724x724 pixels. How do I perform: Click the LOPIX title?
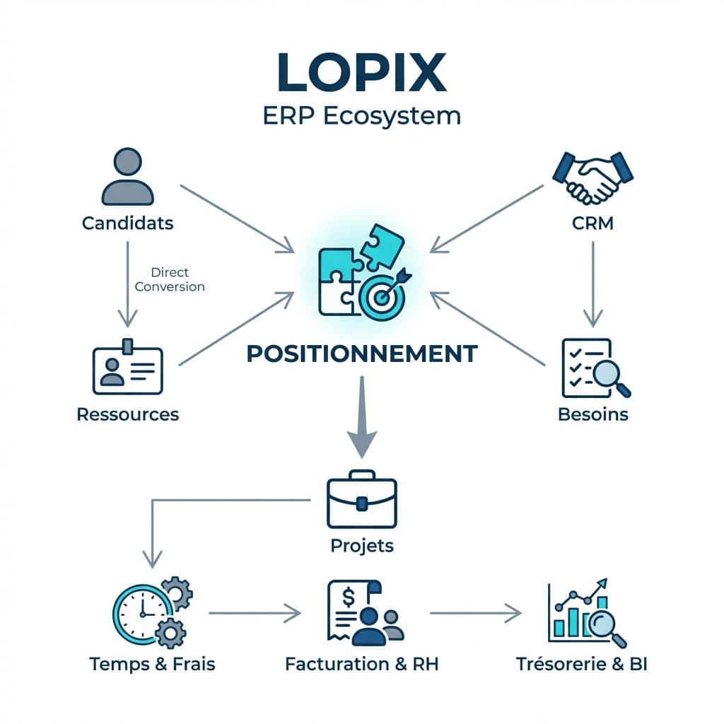coord(361,73)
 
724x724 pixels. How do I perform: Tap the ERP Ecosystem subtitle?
coord(361,115)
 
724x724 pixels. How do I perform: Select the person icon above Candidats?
coord(127,177)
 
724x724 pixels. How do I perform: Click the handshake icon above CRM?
coord(592,177)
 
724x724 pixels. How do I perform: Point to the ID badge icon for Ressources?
coord(127,369)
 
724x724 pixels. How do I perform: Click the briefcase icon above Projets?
coord(361,499)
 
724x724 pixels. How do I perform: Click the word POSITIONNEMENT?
coord(361,354)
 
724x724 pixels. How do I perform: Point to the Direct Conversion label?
coord(170,279)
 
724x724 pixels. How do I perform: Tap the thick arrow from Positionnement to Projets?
coord(362,417)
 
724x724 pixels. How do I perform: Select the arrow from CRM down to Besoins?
coord(592,283)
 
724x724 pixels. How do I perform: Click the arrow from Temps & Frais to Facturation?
coord(255,613)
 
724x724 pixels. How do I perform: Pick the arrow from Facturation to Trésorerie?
coord(475,613)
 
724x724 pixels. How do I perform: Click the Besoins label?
coord(592,414)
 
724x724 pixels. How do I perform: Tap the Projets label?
coord(361,546)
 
